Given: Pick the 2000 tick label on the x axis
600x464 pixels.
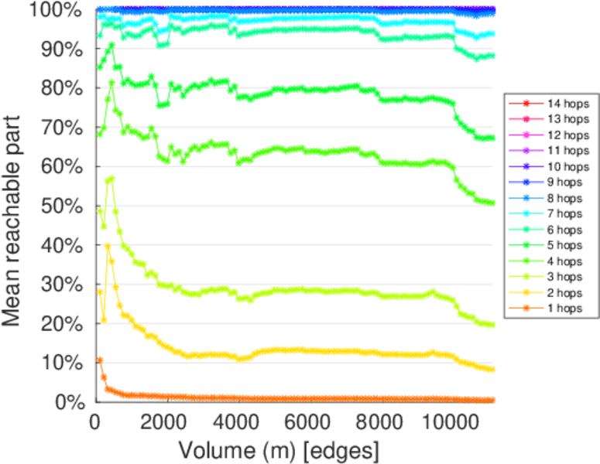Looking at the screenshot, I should coord(166,422).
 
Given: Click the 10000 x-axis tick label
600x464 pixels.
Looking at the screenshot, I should coord(453,422).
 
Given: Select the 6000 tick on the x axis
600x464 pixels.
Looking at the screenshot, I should coord(310,422).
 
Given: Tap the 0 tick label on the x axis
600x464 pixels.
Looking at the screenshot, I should coord(95,422).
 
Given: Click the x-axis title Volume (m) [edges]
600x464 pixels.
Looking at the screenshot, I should coord(279,449).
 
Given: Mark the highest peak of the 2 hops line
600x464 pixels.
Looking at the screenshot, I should coord(107,246).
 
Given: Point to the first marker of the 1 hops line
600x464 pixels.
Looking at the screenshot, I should coord(99,360).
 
